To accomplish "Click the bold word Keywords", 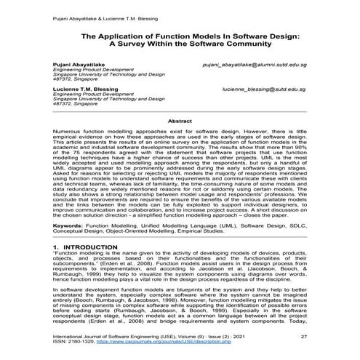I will coord(71,226).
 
